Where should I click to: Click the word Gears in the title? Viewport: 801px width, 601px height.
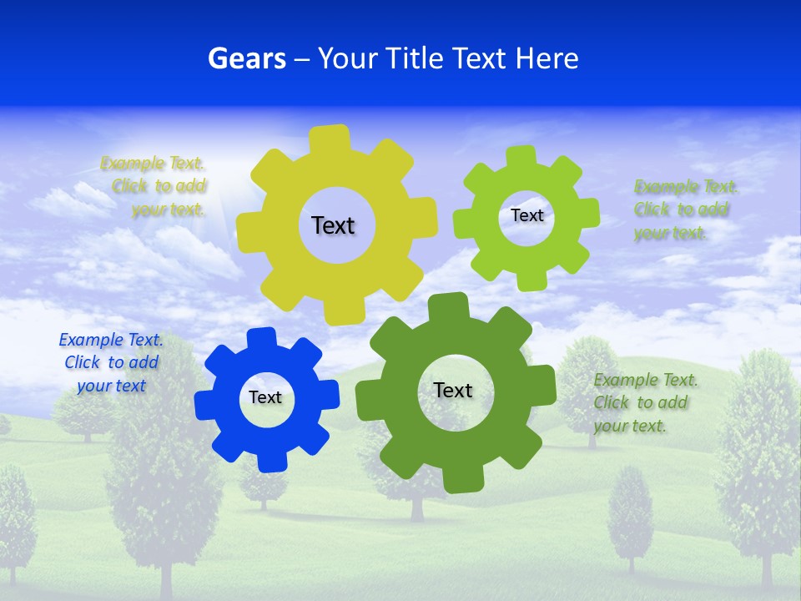coord(246,58)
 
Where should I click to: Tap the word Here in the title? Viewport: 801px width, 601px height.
coord(547,58)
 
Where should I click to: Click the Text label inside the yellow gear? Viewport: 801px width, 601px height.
coord(333,225)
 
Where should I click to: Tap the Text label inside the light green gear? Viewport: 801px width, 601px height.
coord(526,215)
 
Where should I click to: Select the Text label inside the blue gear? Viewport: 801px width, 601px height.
coord(265,397)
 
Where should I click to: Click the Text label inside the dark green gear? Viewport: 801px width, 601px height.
coord(453,390)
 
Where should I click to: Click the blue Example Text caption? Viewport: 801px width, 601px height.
coord(111,363)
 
